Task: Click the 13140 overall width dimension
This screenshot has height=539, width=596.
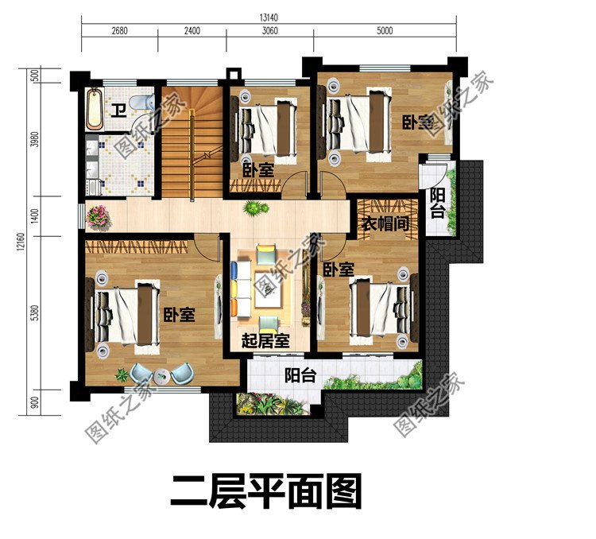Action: pos(268,16)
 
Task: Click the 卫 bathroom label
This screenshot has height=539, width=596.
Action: pos(118,111)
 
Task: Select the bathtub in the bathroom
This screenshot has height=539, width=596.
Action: pos(94,111)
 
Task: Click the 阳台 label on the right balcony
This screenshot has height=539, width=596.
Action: pos(437,204)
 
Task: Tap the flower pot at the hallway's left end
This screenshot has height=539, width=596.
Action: pos(98,215)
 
